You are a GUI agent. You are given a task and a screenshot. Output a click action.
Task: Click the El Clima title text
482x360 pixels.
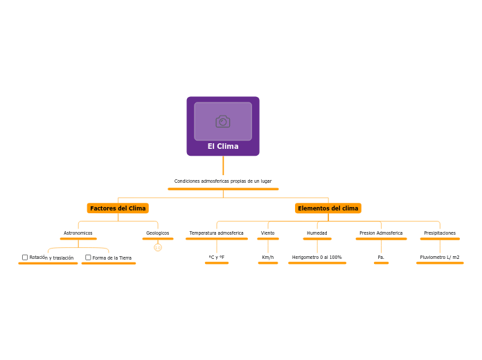pos(223,146)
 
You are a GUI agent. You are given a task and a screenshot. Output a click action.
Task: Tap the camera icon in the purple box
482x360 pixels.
pos(223,121)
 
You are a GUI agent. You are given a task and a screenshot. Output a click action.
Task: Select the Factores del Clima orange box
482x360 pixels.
pos(118,208)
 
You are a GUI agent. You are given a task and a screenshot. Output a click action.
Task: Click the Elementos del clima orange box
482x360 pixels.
pos(328,208)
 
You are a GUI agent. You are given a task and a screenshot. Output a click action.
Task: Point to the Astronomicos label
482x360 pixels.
pos(78,233)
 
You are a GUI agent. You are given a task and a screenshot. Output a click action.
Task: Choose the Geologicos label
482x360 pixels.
pos(158,233)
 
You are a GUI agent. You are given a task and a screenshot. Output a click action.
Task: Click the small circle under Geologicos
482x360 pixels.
pos(158,247)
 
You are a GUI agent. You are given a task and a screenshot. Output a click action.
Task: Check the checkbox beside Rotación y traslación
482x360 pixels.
pos(25,258)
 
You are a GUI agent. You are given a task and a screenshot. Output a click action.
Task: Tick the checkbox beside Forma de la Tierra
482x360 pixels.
pos(88,258)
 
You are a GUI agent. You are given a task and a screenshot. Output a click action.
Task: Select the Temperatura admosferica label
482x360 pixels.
pos(217,233)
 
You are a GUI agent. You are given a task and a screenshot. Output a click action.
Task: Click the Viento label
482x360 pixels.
pos(268,233)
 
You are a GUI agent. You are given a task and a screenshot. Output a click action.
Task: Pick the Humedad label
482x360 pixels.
pos(317,233)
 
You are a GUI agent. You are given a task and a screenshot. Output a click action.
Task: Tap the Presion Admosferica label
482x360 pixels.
pos(381,233)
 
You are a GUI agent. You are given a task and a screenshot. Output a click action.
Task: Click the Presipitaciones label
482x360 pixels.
pos(440,233)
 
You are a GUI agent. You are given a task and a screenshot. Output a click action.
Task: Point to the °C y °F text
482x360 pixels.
pos(217,258)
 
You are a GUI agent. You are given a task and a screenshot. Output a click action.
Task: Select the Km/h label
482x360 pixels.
pos(268,258)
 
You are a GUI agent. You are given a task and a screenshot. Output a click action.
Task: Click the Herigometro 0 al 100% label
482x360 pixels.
pos(317,258)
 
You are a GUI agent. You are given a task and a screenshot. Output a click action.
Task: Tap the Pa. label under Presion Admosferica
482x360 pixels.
pos(381,258)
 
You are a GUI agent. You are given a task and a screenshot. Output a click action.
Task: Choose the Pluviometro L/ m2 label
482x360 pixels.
pos(440,258)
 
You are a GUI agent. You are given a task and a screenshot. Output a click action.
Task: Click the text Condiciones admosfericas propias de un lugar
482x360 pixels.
pos(223,181)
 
